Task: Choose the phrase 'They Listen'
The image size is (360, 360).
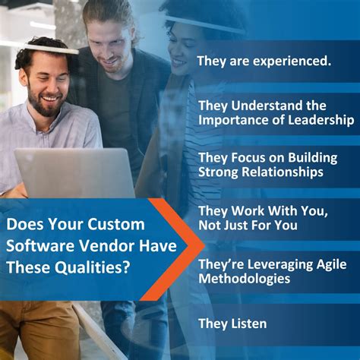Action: pyautogui.click(x=232, y=324)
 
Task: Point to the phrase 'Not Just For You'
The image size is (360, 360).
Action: pyautogui.click(x=248, y=226)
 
